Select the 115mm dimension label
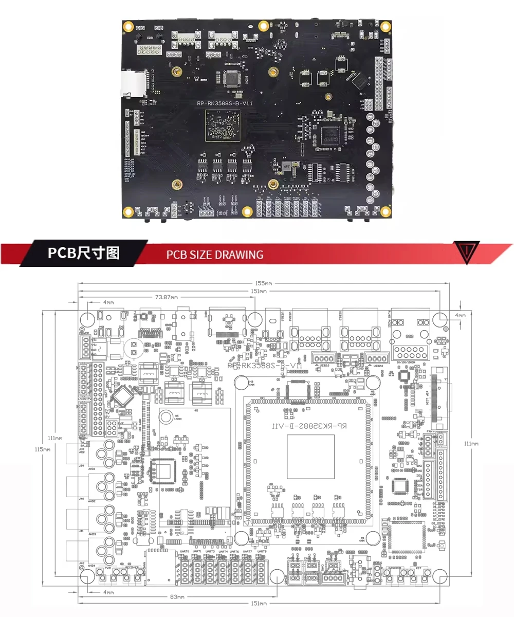(45, 449)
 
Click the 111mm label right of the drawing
(471, 443)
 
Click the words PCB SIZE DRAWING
(214, 255)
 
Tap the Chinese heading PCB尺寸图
(83, 253)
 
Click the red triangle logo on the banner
(467, 251)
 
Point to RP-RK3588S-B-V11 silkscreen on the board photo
(225, 103)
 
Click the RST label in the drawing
(418, 568)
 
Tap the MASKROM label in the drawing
(394, 568)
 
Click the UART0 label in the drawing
(185, 551)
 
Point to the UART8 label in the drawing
(261, 551)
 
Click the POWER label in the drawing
(84, 333)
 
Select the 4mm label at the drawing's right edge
(460, 315)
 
